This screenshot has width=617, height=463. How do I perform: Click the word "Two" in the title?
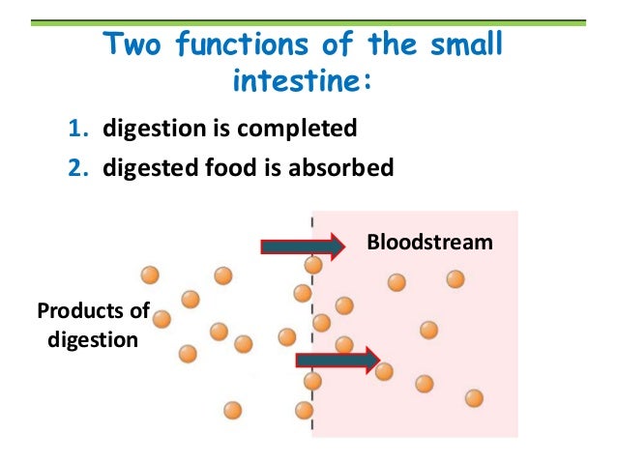click(x=132, y=44)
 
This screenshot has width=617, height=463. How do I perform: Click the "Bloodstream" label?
click(x=429, y=242)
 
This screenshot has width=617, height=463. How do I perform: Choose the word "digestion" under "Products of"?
click(x=93, y=339)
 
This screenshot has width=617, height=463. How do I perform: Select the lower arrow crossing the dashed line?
click(x=337, y=362)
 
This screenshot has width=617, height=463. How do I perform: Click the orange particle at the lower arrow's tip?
click(x=384, y=370)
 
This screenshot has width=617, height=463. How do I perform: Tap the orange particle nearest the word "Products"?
click(x=162, y=318)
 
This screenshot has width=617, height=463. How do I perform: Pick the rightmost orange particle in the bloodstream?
click(x=474, y=397)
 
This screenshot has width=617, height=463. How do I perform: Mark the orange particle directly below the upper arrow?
click(x=313, y=264)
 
